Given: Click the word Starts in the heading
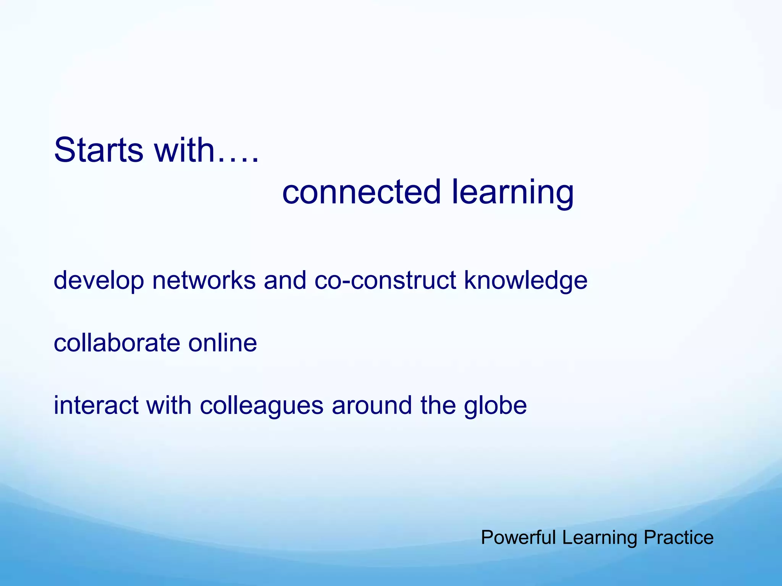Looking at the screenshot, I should point(99,150).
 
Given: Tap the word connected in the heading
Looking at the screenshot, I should point(361,192).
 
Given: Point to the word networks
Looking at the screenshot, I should point(204,280).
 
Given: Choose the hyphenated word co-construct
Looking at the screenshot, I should point(385,280).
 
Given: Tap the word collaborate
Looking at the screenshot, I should point(116,343).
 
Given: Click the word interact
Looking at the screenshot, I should point(95,405).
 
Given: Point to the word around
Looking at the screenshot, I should point(372,405).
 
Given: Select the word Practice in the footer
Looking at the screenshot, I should point(679,538).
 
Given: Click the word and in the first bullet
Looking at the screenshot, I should point(285,280).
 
